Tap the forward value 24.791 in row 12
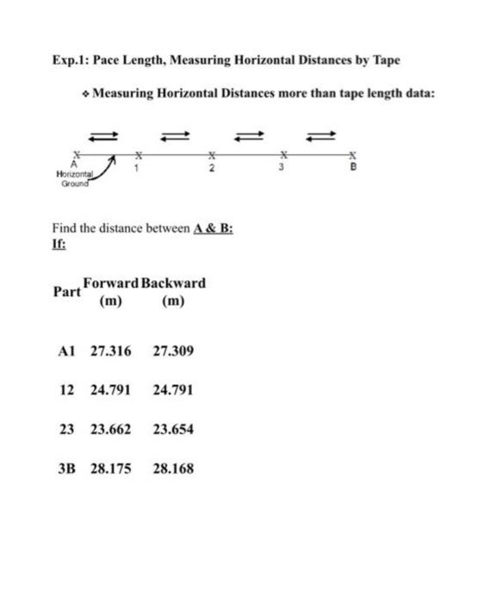[111, 389]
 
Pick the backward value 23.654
[173, 428]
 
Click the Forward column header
[111, 283]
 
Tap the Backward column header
[174, 283]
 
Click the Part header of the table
[66, 292]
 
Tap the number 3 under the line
[279, 165]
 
